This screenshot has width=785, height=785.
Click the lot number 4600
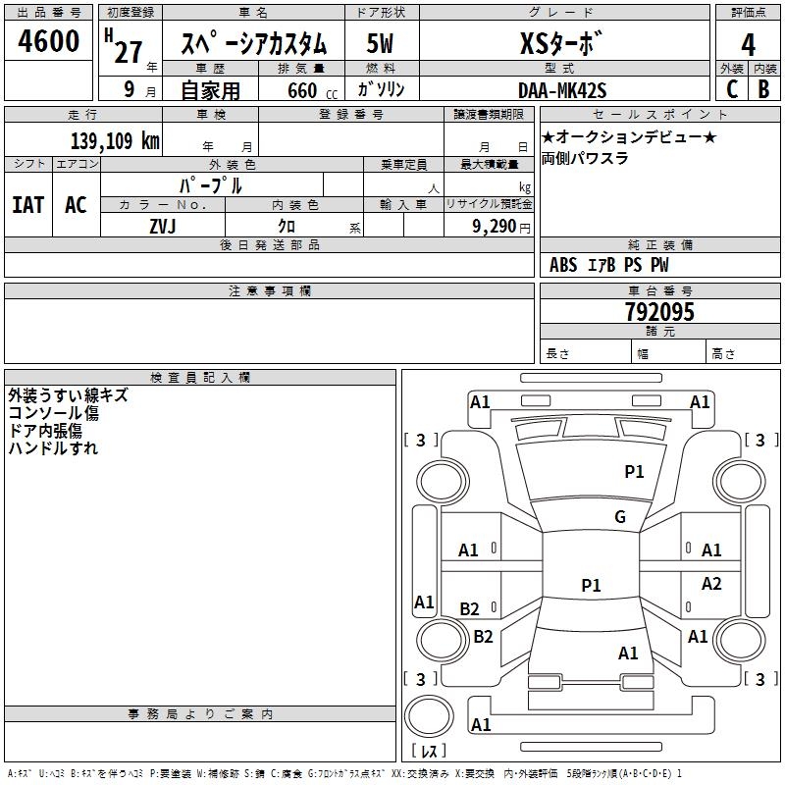click(x=49, y=41)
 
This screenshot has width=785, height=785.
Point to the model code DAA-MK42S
click(x=562, y=90)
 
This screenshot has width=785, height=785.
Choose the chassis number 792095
click(x=658, y=312)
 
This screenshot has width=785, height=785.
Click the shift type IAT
click(x=27, y=204)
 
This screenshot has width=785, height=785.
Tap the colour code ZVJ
click(x=163, y=226)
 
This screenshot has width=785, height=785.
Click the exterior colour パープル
click(x=210, y=185)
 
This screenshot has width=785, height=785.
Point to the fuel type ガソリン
click(x=382, y=89)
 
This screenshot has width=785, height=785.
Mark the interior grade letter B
click(x=762, y=88)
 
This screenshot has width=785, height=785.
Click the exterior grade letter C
click(x=731, y=88)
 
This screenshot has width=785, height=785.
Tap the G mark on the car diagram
click(x=619, y=517)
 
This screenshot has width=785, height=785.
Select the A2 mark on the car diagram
click(x=711, y=584)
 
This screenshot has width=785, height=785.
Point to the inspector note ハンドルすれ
click(x=53, y=448)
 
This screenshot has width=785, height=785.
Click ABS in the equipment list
click(x=563, y=265)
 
